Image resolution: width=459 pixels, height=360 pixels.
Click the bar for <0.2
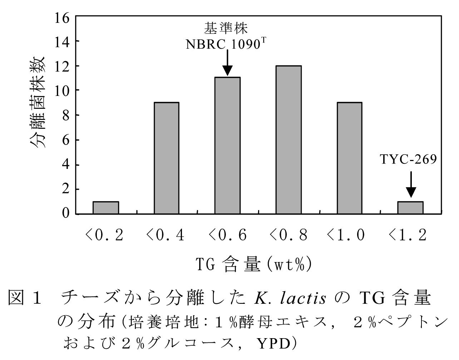coord(105,208)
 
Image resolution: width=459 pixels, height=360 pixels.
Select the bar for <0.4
coord(166,158)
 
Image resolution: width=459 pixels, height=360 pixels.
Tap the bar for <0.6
coord(227,145)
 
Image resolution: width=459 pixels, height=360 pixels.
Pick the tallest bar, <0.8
coord(288,140)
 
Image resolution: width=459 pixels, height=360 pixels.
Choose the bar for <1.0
coord(349,158)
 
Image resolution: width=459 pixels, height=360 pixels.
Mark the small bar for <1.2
coord(410,208)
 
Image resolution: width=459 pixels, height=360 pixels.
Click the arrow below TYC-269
coord(411,184)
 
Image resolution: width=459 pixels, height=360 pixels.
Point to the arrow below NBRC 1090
coord(227,63)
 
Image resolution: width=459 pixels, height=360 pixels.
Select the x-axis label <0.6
coord(227,235)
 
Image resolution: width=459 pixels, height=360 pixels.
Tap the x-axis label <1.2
coord(408,235)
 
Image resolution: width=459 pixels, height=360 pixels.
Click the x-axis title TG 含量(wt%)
coord(253,265)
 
